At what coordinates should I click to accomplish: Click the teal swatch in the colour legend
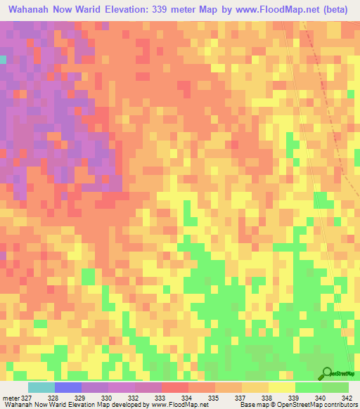click(x=41, y=387)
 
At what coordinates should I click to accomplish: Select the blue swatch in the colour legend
click(x=67, y=387)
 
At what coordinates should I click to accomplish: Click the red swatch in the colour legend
click(x=174, y=387)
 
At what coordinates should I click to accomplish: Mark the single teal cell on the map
click(x=2, y=60)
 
